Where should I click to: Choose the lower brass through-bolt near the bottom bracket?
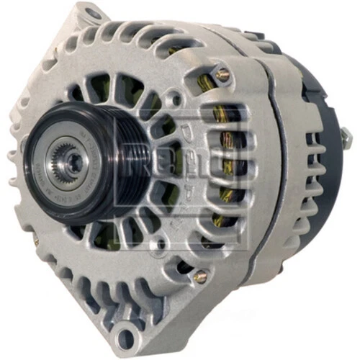(x=201, y=274)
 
